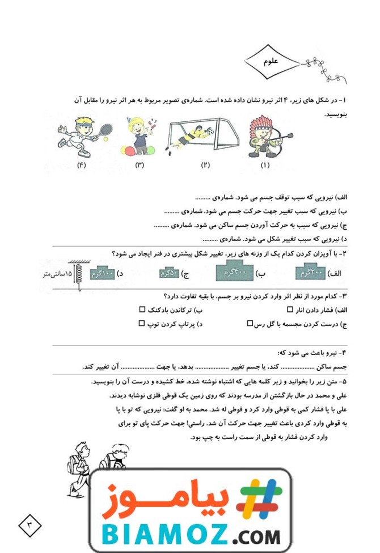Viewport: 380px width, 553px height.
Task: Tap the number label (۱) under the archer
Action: tap(265, 166)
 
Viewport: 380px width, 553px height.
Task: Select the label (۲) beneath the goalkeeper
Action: tap(205, 166)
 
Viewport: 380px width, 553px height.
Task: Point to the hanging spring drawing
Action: tap(75, 275)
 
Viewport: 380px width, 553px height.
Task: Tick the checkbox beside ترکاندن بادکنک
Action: tap(142, 310)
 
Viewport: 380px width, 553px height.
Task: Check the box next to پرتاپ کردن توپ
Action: tap(142, 324)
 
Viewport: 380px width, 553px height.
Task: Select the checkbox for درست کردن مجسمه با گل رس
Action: tap(250, 324)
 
